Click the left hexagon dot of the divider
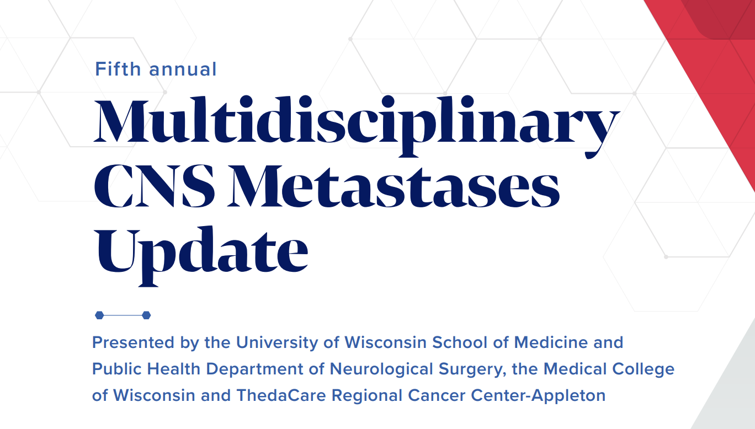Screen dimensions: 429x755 pyautogui.click(x=99, y=315)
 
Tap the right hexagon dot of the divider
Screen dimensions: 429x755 pyautogui.click(x=146, y=315)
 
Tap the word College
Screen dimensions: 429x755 pyautogui.click(x=644, y=369)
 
